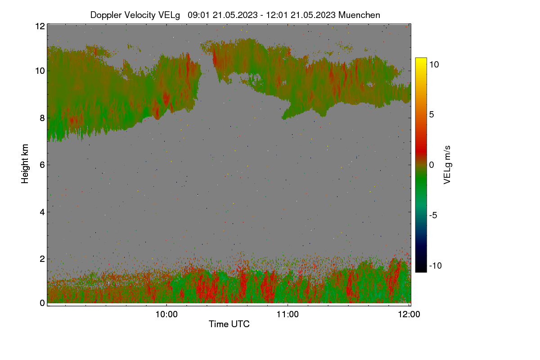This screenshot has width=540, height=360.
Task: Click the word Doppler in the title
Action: click(106, 15)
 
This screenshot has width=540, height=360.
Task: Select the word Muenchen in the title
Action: click(359, 15)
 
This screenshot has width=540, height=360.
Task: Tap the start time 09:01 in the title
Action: click(198, 15)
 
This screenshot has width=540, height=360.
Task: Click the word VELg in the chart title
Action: click(169, 15)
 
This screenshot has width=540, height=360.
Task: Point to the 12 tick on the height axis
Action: click(40, 26)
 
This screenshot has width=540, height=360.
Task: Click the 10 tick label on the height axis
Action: click(40, 71)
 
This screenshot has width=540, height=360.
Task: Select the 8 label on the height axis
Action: click(42, 118)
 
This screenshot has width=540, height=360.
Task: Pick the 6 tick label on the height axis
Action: click(42, 165)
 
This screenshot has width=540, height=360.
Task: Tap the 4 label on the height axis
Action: click(42, 212)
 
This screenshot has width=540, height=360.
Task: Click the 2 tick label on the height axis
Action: click(42, 259)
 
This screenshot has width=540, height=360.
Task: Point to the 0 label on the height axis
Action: click(42, 303)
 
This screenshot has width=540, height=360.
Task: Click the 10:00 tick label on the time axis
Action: click(166, 315)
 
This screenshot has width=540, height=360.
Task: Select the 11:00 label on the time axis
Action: click(288, 315)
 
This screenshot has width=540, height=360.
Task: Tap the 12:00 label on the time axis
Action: click(409, 315)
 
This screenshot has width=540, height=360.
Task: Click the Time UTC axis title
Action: click(229, 324)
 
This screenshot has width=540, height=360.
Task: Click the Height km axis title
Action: click(25, 164)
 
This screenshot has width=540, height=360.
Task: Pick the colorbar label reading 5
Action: click(432, 115)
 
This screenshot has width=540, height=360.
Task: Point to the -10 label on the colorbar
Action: click(436, 265)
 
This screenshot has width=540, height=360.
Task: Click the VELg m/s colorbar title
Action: click(447, 165)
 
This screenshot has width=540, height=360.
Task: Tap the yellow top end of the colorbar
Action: click(421, 59)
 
